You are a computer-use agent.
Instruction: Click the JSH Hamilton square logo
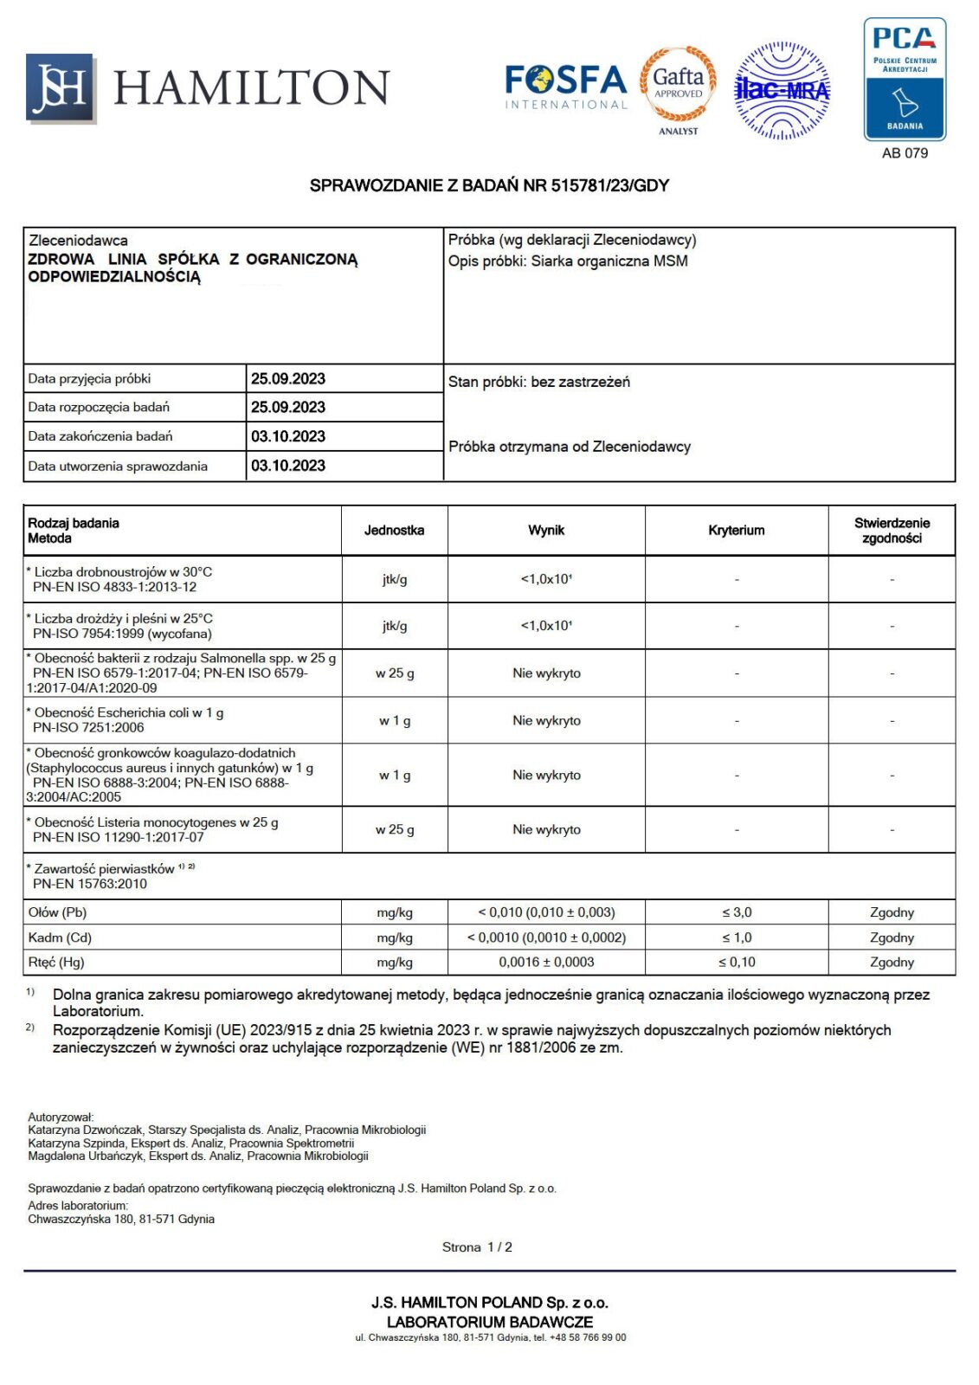(x=60, y=87)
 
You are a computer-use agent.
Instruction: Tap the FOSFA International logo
(x=565, y=87)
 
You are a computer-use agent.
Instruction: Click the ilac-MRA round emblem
(x=782, y=90)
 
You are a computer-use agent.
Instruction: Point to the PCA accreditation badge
(x=905, y=80)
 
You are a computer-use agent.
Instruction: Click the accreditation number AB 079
(x=905, y=153)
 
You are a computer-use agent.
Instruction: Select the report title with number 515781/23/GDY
(x=489, y=185)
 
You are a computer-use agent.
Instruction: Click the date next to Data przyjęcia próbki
(x=288, y=378)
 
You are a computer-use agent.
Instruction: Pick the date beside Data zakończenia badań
(x=288, y=436)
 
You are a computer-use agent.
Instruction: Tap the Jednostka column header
(x=394, y=530)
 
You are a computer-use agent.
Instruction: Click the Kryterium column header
(x=736, y=530)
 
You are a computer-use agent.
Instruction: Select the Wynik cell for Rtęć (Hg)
(x=546, y=962)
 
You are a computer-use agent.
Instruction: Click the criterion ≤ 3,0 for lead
(x=737, y=912)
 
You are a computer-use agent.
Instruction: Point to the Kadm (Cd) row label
(x=60, y=937)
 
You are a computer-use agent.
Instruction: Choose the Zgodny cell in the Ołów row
(x=892, y=912)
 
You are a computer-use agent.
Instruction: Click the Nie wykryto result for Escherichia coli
(x=546, y=720)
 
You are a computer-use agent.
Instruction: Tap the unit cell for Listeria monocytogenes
(x=394, y=829)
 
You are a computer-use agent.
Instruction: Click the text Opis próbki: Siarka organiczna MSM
(x=568, y=261)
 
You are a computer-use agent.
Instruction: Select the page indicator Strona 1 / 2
(x=477, y=1246)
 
